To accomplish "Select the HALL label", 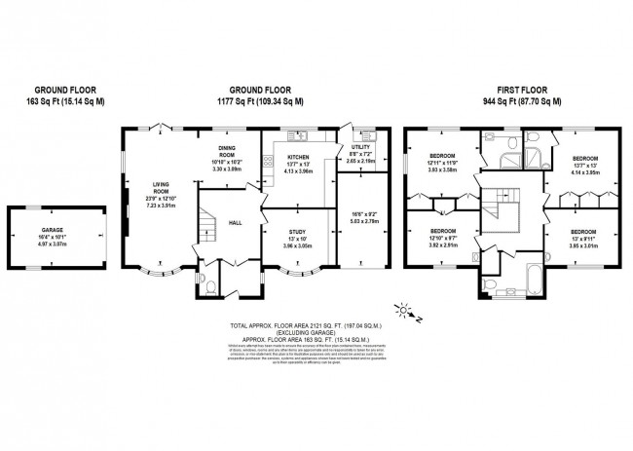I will [235, 222].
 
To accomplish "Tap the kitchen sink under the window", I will [299, 135].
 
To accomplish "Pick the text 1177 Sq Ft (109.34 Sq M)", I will [262, 100].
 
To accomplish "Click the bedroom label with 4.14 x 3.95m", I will [584, 158].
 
